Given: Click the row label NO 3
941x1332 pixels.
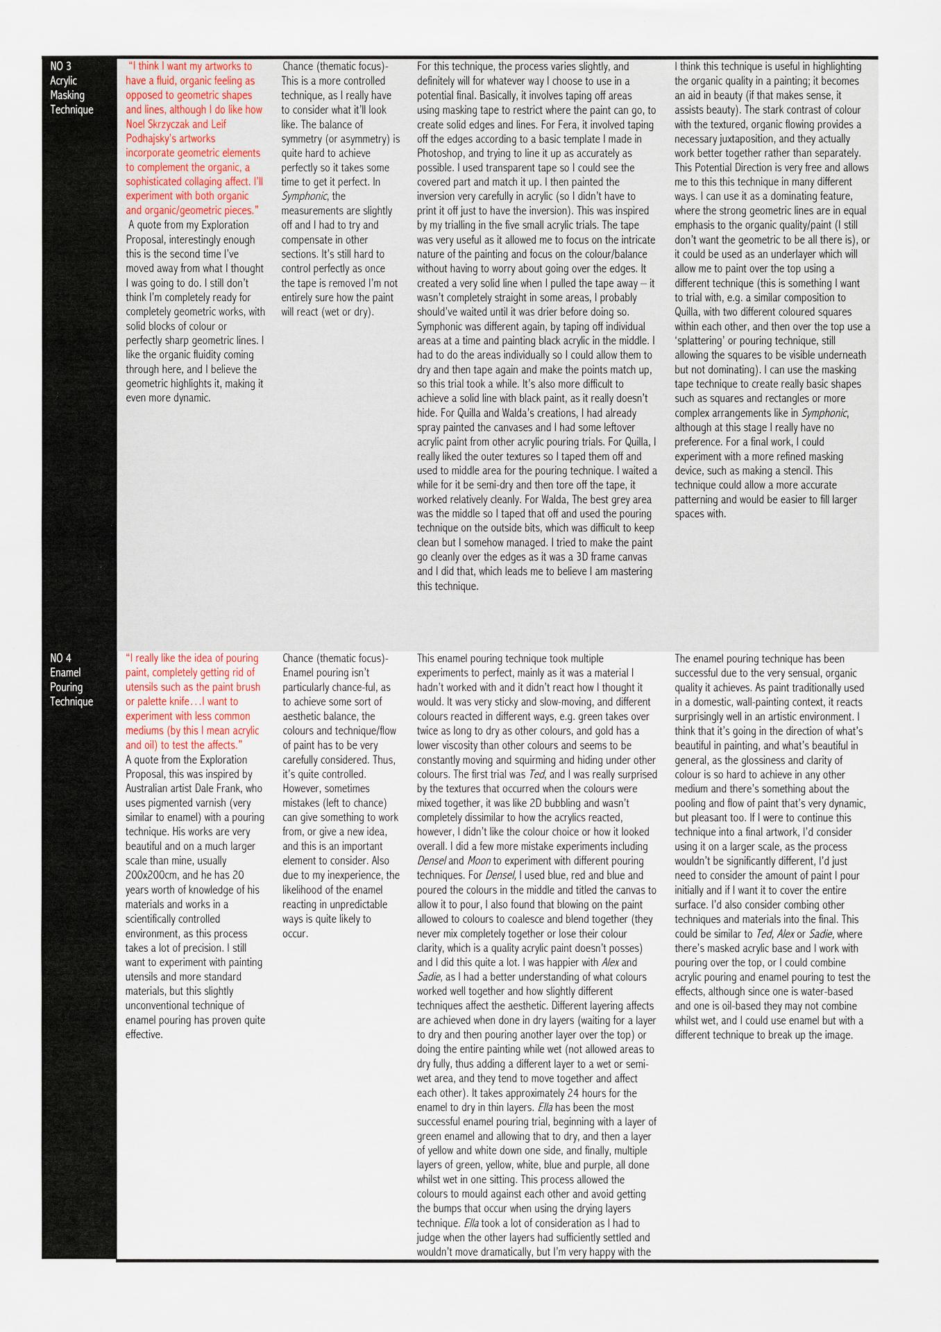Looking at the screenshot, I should pos(60,67).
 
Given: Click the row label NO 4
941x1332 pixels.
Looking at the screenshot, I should pos(60,658).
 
